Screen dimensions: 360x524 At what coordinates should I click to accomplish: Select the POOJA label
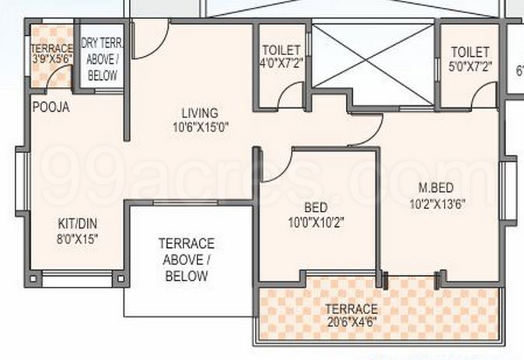[x=51, y=108]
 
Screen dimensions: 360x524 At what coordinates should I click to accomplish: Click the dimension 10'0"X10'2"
[x=316, y=222]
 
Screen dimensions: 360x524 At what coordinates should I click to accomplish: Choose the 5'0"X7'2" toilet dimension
[x=470, y=65]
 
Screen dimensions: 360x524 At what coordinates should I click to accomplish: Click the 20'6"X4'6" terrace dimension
[x=351, y=321]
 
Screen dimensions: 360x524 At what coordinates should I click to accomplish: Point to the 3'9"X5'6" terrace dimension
[x=51, y=57]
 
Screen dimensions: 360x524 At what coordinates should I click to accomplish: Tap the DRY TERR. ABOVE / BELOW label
[x=102, y=60]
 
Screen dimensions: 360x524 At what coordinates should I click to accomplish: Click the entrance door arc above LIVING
[x=152, y=37]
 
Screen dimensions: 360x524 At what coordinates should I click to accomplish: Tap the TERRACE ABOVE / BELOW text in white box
[x=186, y=260]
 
